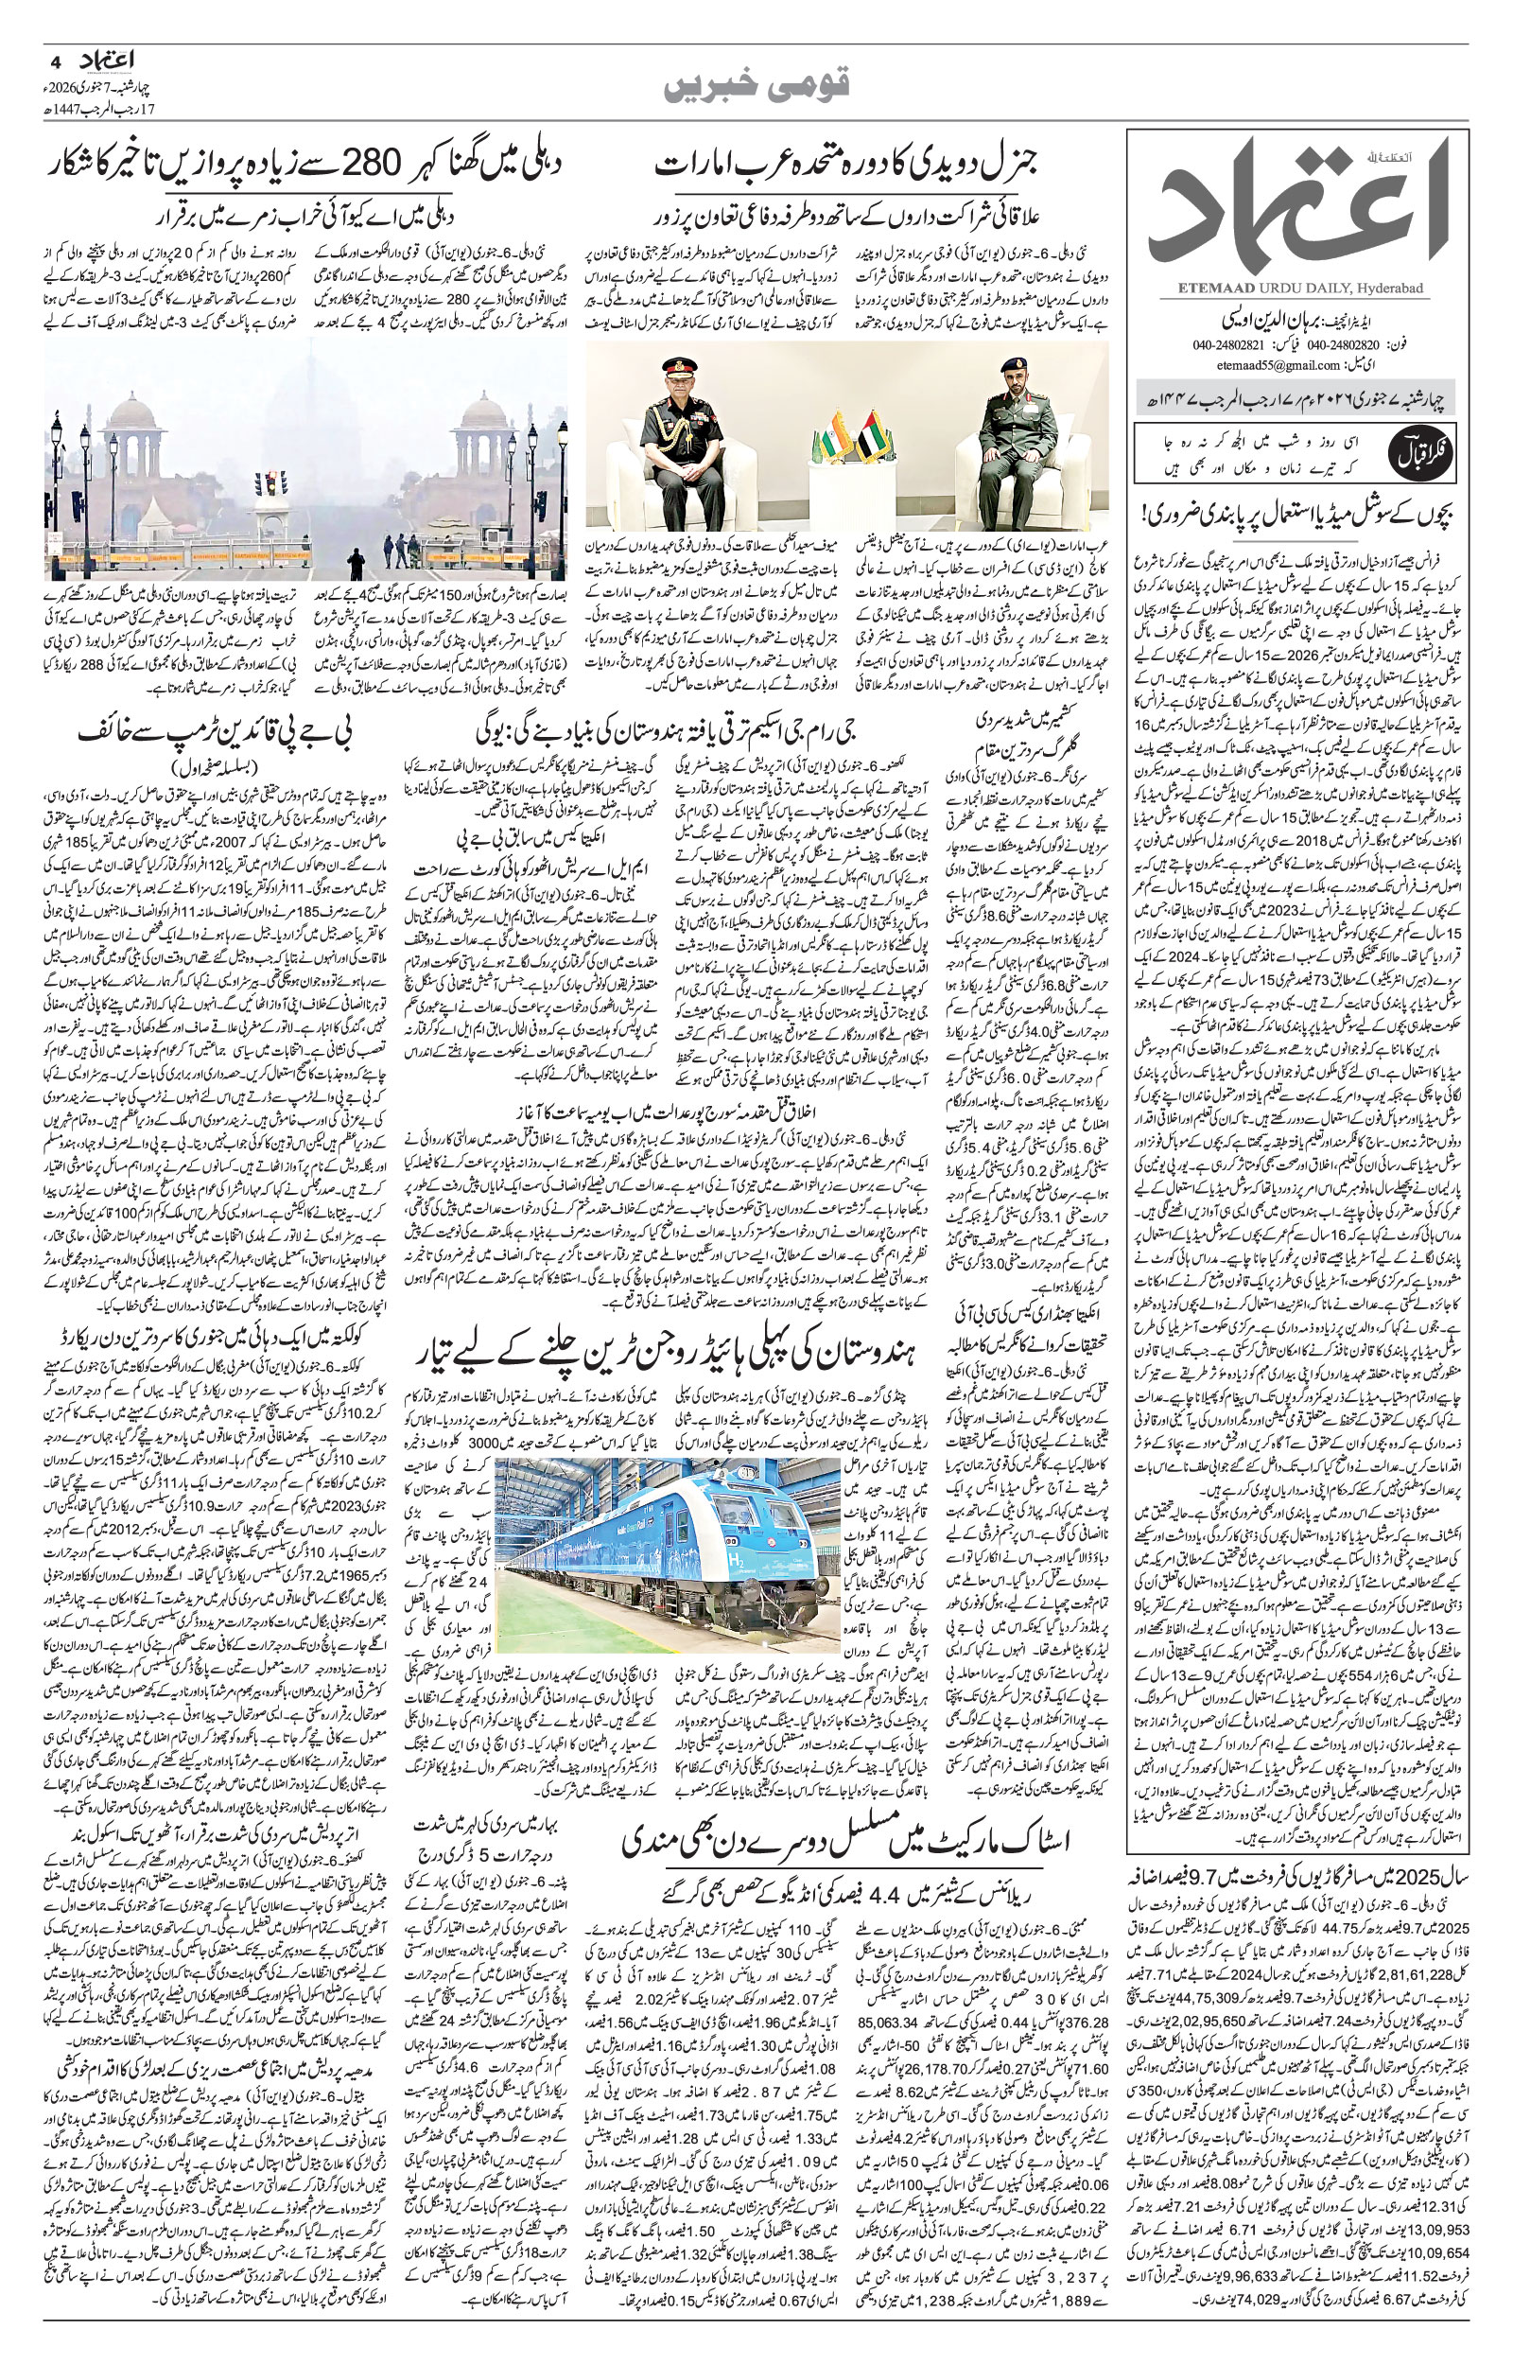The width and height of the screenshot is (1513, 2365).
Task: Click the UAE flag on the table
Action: pos(873,437)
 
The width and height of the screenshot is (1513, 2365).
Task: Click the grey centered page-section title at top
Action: pos(756,90)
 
